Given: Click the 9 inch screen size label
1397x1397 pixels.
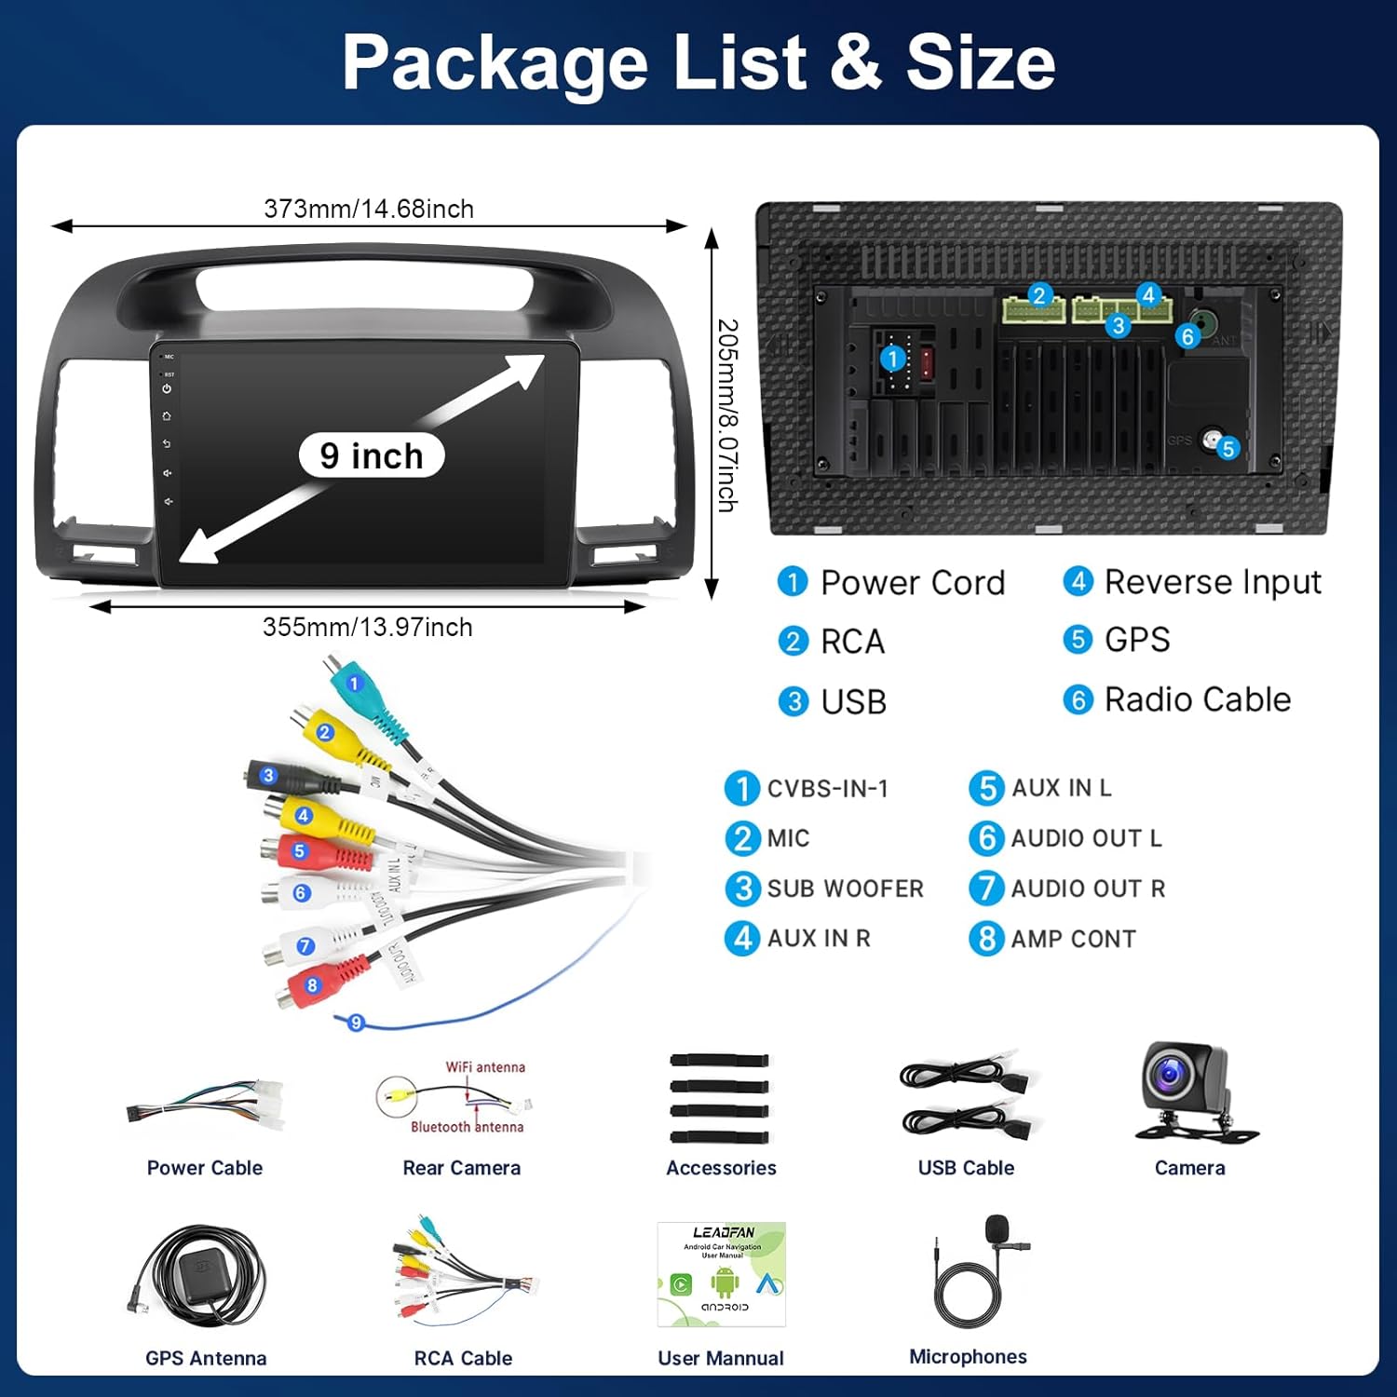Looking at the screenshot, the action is (x=372, y=456).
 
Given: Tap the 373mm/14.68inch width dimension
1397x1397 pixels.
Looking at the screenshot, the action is (x=369, y=209).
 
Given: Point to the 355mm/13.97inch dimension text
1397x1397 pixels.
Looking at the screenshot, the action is (x=368, y=627).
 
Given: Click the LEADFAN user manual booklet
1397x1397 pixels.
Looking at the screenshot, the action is (x=722, y=1273).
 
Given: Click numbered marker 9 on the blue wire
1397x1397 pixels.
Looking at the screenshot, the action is (x=356, y=1023).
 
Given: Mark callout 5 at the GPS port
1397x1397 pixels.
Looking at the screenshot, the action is (x=1228, y=449).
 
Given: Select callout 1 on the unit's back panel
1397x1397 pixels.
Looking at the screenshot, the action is (x=892, y=359).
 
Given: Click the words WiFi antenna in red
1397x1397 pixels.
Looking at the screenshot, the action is (x=485, y=1067).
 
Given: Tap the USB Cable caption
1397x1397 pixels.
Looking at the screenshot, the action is (x=966, y=1168).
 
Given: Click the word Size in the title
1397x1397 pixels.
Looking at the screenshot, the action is (x=981, y=62).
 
